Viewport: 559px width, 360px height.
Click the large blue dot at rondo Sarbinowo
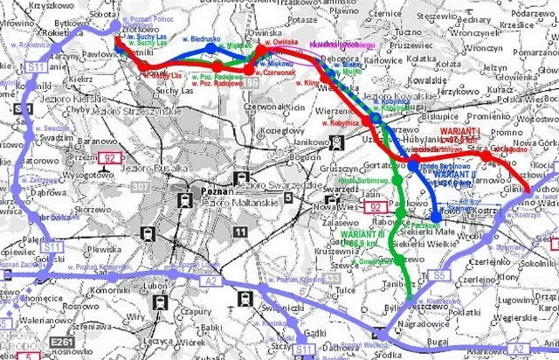coord(414,165)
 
